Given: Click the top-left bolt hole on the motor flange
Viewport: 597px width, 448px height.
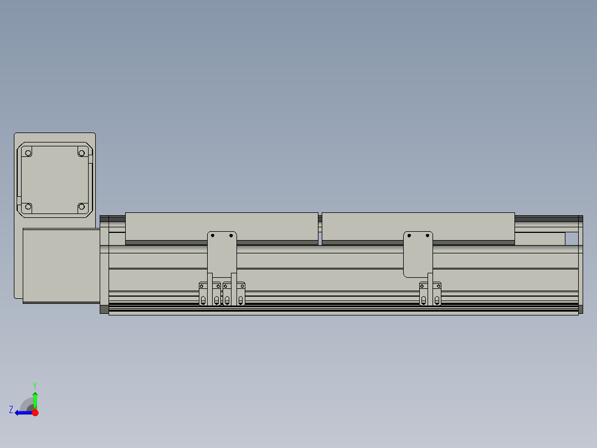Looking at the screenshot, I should (x=29, y=151).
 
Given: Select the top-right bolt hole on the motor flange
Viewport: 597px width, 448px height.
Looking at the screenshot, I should (x=81, y=151).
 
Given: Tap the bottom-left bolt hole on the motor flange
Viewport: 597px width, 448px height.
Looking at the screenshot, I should (x=28, y=207).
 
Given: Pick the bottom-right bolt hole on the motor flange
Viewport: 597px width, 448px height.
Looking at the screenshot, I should (x=81, y=207).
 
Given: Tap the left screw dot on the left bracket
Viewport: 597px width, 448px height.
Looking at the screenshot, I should (x=213, y=236).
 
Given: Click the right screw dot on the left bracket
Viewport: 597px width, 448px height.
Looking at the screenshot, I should (x=231, y=236).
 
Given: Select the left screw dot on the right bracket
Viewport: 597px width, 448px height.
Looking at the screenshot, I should (x=409, y=236).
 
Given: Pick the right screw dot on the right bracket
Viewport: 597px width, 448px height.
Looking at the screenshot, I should (x=427, y=236).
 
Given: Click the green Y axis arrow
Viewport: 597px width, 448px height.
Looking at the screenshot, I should (x=35, y=400).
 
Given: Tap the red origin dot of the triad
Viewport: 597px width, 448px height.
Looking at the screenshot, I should (x=35, y=413).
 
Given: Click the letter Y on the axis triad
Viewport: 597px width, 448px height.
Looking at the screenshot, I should (x=34, y=385).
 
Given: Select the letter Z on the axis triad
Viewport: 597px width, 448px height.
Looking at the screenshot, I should (x=11, y=409).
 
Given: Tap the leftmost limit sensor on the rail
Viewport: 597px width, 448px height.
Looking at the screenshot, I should (x=203, y=294).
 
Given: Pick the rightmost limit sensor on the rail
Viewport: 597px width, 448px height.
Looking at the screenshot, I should (x=438, y=294).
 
